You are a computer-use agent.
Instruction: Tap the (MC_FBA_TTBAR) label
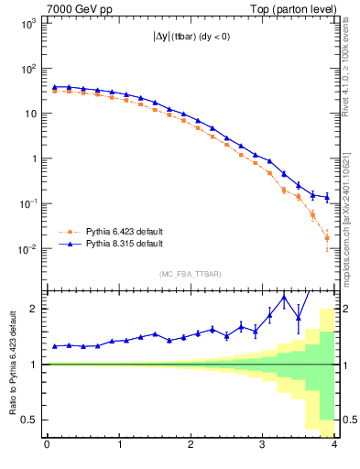[191, 273]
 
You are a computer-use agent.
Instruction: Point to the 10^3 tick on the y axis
[28, 24]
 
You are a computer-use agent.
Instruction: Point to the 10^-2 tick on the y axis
[27, 249]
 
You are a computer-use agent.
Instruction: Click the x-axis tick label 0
[47, 446]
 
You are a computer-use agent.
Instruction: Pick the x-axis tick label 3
[262, 446]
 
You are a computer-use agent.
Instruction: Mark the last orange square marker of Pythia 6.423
[327, 238]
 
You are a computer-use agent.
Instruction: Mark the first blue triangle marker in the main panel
[55, 87]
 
